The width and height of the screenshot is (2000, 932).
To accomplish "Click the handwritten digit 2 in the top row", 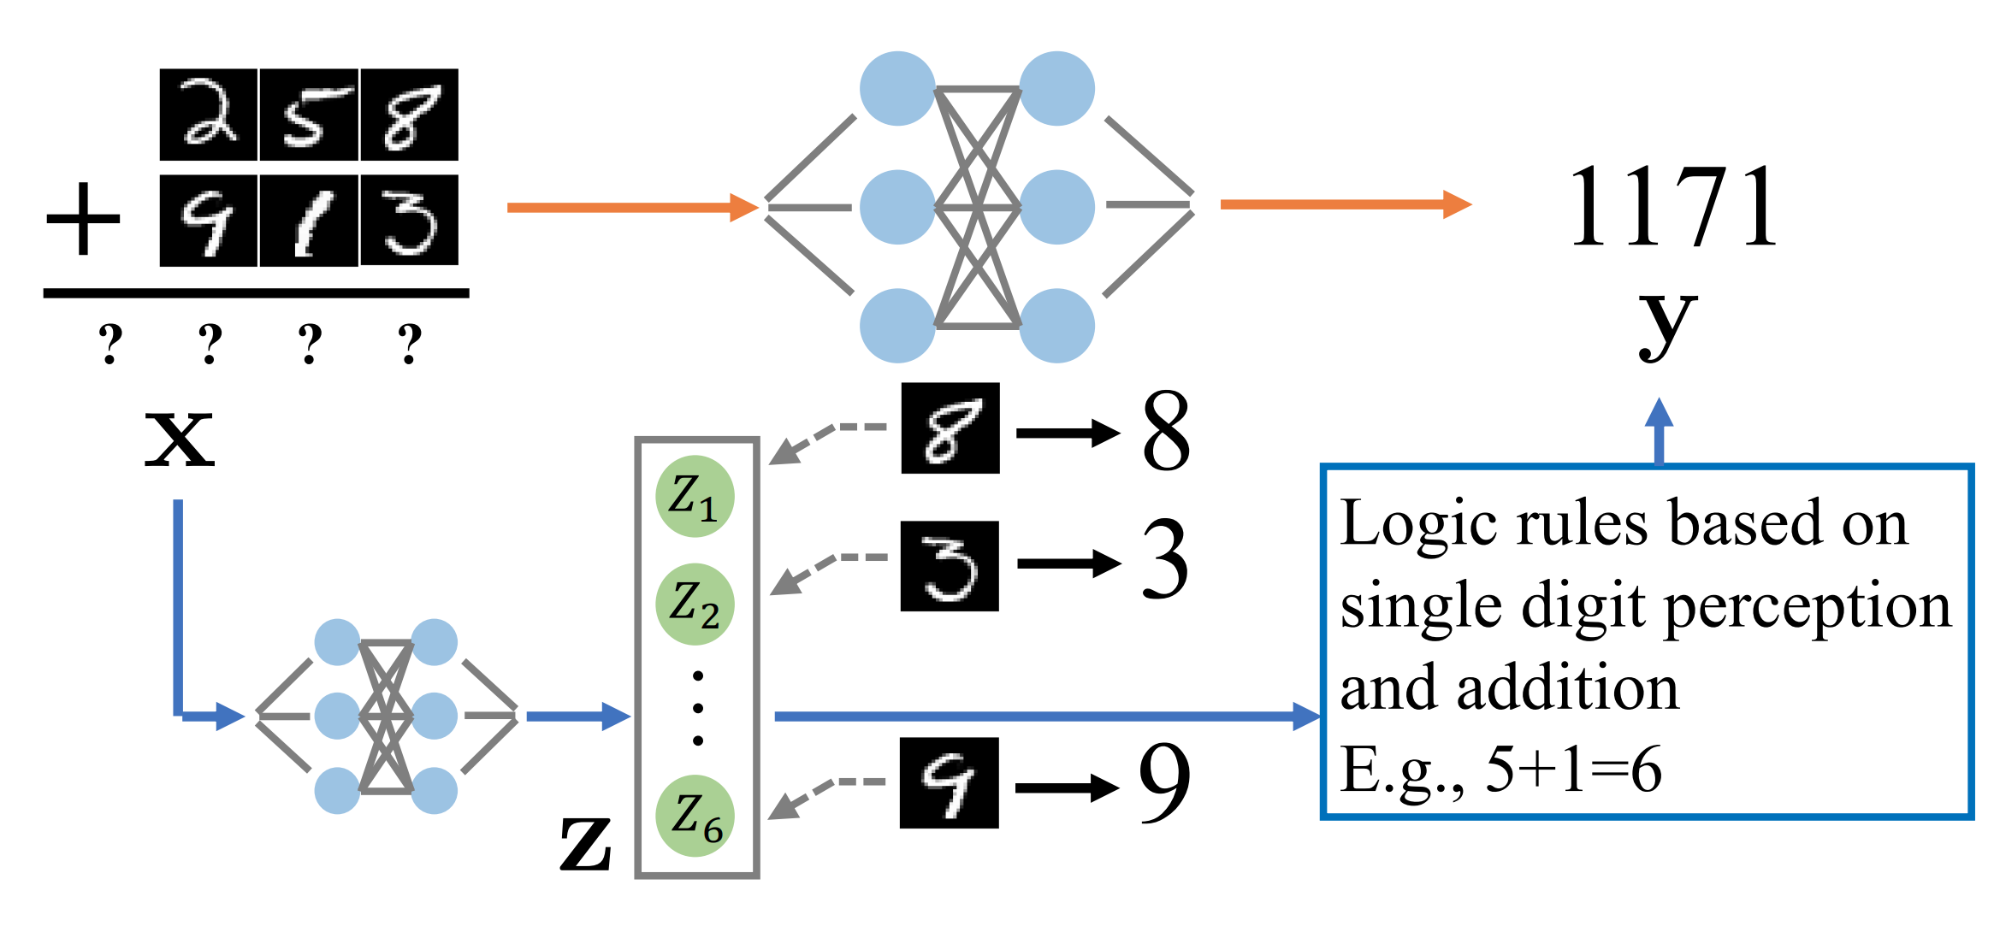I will point(209,115).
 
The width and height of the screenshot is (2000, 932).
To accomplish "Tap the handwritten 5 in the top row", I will point(309,115).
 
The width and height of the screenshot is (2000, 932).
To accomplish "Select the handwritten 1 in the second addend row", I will point(309,221).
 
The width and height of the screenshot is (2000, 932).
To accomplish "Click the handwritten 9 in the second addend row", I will point(209,221).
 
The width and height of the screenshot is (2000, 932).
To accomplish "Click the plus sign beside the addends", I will point(83,219).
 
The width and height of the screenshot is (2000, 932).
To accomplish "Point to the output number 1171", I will point(1673,207).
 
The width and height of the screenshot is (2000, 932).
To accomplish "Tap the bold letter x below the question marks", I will point(179,438).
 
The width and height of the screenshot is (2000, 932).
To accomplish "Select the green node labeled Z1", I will point(695,497).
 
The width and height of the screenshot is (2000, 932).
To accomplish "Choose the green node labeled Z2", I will point(695,605).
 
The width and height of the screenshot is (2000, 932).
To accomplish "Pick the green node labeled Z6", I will point(695,816).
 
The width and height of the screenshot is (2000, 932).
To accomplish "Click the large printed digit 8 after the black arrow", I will point(1166,431).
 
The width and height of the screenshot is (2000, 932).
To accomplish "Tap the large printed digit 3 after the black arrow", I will point(1166,561).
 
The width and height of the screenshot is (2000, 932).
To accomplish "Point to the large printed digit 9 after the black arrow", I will point(1164,782).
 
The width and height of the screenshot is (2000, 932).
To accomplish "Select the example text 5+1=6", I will point(1573,770).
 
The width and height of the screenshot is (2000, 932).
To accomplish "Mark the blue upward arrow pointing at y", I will point(1659,431).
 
